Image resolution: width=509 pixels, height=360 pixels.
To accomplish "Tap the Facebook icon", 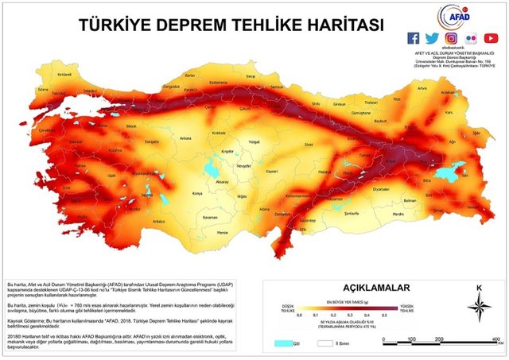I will tap(413, 38).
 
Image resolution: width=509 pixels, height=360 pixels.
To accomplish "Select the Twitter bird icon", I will tap(432, 38).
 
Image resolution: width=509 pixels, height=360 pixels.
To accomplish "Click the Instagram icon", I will tap(452, 38).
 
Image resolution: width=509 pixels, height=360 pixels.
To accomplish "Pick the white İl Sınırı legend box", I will tap(325, 343).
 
